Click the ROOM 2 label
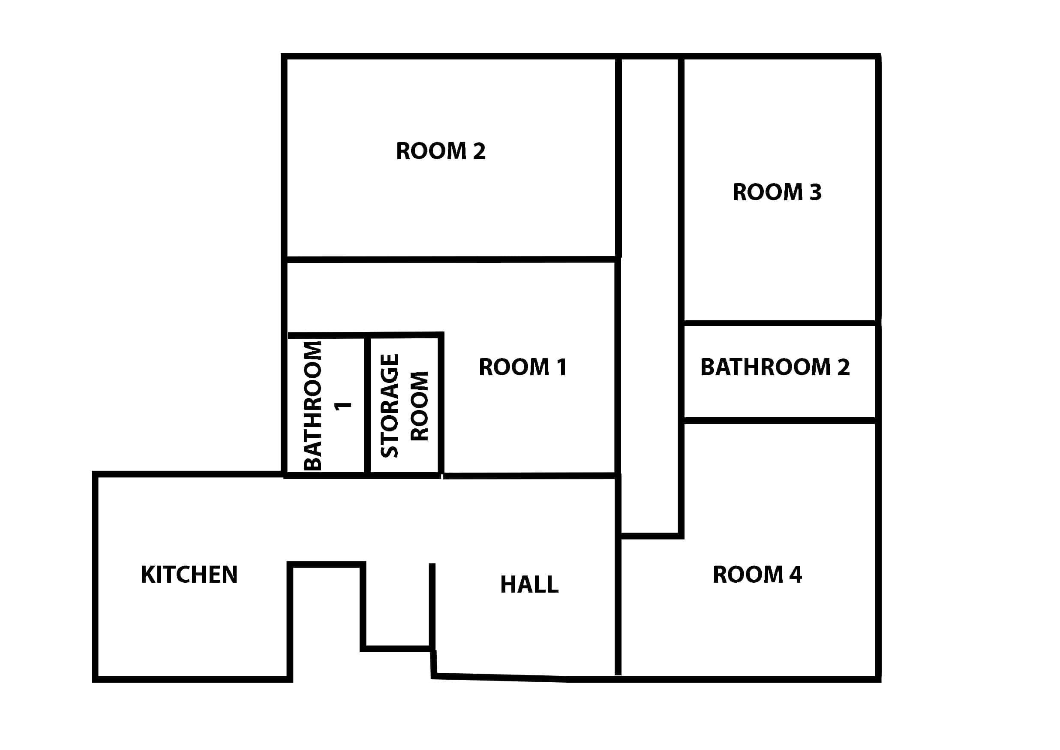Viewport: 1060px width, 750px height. [441, 151]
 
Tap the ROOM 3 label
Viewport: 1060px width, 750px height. [777, 192]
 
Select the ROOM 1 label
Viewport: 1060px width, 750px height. [522, 367]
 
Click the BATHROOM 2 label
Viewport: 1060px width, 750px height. [775, 367]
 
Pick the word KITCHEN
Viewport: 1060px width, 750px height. [189, 575]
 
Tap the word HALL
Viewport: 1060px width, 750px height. [529, 584]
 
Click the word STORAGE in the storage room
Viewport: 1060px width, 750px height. [389, 406]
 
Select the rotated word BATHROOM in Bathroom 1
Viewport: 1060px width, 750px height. [312, 406]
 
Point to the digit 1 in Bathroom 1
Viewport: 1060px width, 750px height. [343, 406]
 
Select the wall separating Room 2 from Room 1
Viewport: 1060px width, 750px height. [451, 259]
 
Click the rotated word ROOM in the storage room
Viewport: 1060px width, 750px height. [420, 406]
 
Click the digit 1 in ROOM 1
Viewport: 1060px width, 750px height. [562, 367]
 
